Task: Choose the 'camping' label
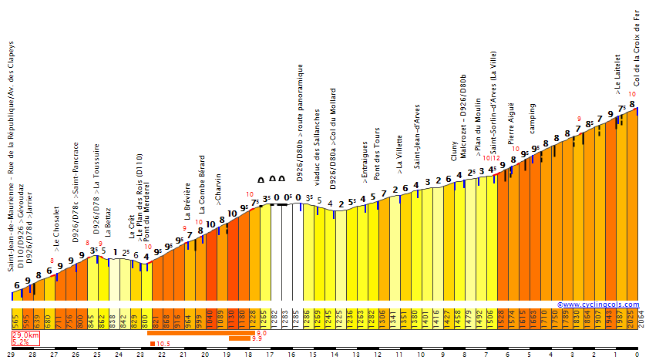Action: point(532,117)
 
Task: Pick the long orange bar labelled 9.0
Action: point(200,333)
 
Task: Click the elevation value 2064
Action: point(642,318)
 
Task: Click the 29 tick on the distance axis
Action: point(11,354)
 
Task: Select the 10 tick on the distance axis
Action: point(421,354)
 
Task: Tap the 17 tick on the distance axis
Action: point(270,354)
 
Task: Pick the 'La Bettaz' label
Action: point(108,220)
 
